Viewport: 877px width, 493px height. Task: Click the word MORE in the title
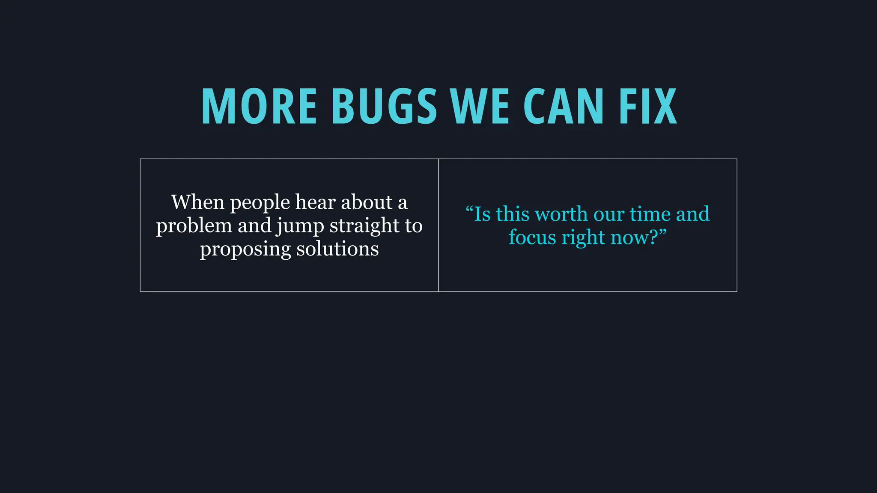pyautogui.click(x=259, y=106)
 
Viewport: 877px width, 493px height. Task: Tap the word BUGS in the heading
pyautogui.click(x=384, y=106)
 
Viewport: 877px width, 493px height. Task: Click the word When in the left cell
pyautogui.click(x=197, y=202)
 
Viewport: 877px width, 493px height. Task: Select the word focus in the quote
pyautogui.click(x=532, y=237)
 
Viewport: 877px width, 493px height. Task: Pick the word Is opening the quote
pyautogui.click(x=482, y=214)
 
